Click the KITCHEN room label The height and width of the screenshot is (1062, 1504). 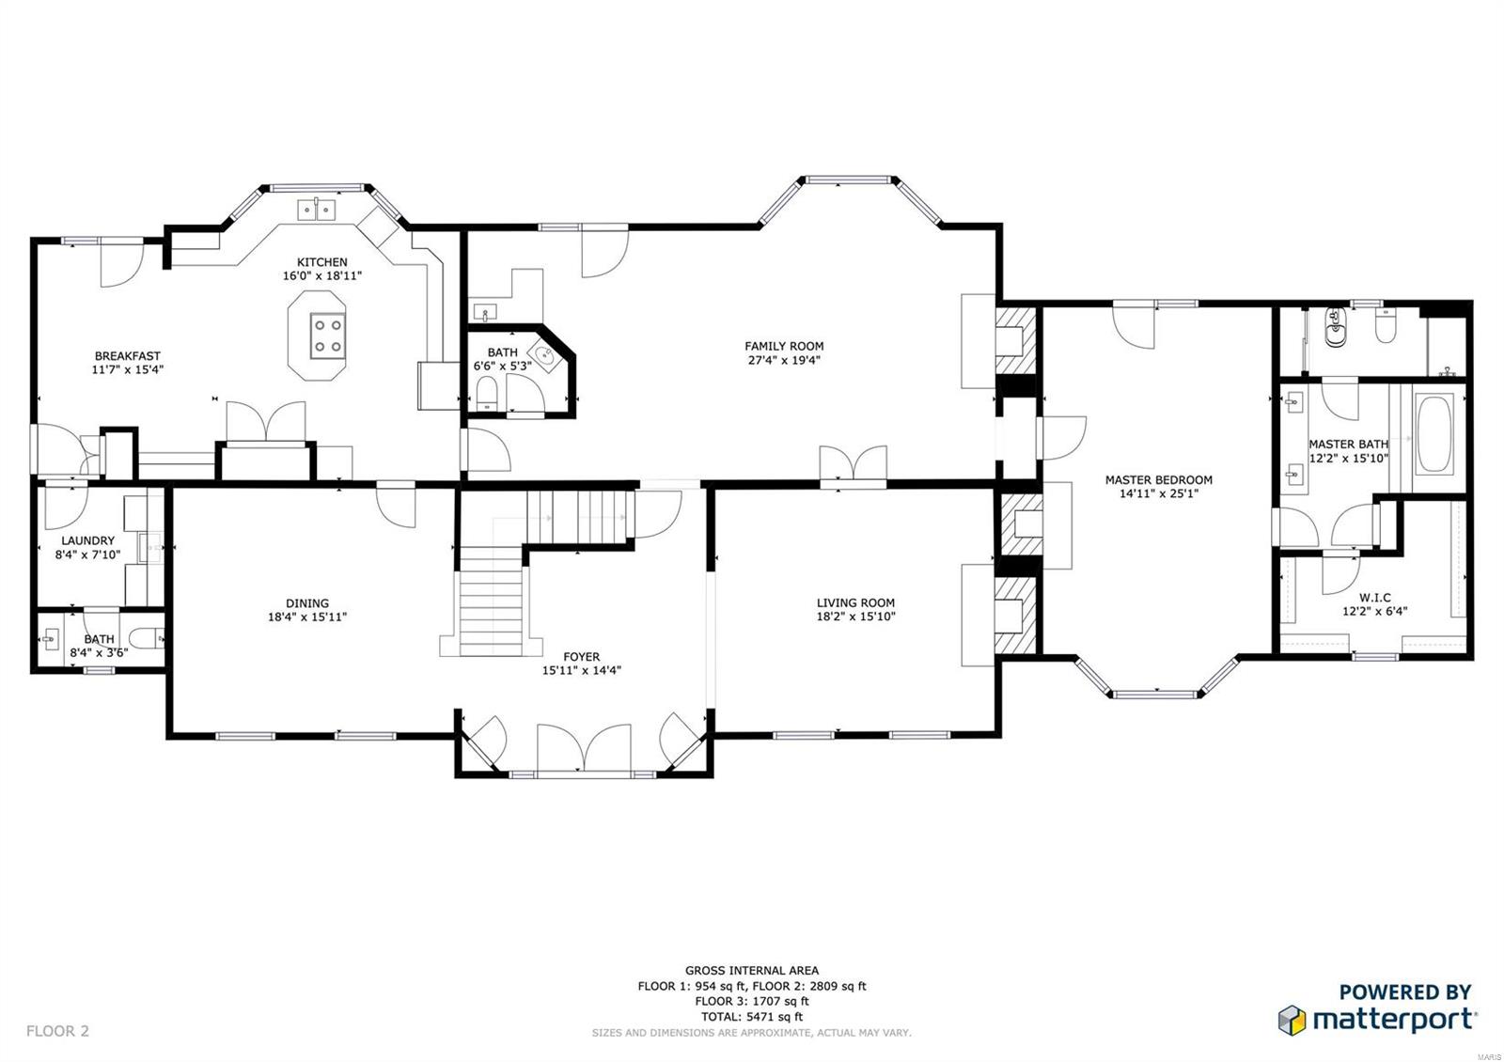tap(321, 262)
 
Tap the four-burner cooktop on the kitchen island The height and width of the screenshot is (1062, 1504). tap(328, 336)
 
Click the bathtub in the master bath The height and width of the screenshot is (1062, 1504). tap(1434, 434)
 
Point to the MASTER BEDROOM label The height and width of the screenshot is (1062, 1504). tap(1158, 479)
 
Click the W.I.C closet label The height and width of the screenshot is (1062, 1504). tap(1374, 598)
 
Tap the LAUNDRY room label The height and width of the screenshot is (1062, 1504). tap(87, 540)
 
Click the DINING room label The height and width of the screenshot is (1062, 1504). tap(307, 603)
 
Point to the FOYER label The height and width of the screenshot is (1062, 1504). tap(581, 657)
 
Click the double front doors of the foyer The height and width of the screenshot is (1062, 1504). tap(584, 749)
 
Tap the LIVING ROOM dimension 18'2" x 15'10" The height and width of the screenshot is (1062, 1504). tap(855, 617)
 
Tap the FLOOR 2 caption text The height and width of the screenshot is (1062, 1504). tap(57, 1031)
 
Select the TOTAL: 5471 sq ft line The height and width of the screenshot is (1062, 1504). tap(751, 1016)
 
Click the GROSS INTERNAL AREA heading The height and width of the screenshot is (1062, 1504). tap(751, 970)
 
